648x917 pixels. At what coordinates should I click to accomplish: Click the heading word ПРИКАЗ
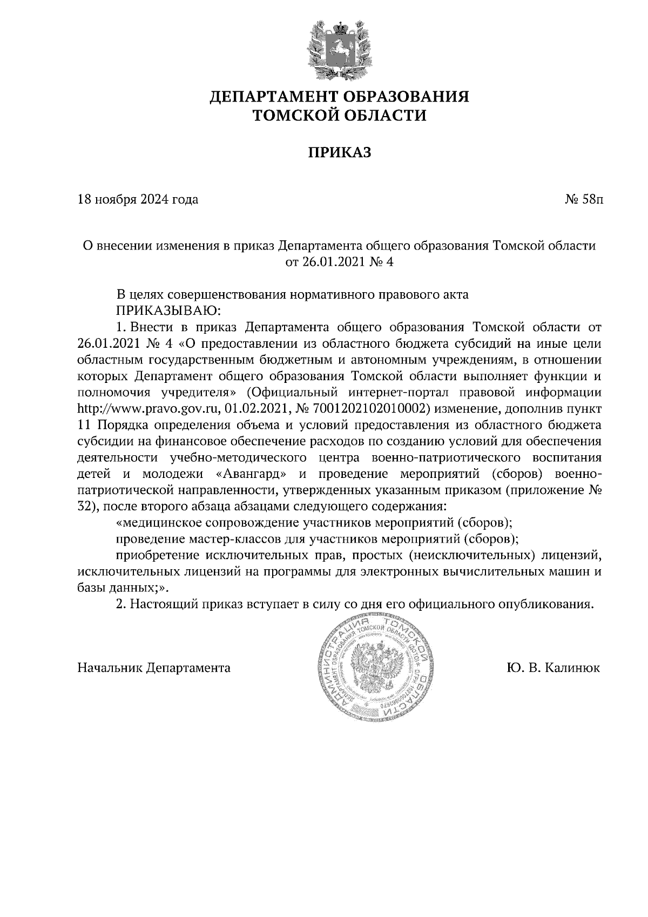pyautogui.click(x=340, y=153)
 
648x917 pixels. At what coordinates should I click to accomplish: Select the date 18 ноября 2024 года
pyautogui.click(x=138, y=200)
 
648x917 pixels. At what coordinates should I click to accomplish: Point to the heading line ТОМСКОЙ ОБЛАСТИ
pyautogui.click(x=340, y=115)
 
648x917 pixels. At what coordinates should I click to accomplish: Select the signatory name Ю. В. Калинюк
pyautogui.click(x=553, y=668)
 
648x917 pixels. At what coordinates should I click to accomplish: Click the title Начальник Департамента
pyautogui.click(x=154, y=668)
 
